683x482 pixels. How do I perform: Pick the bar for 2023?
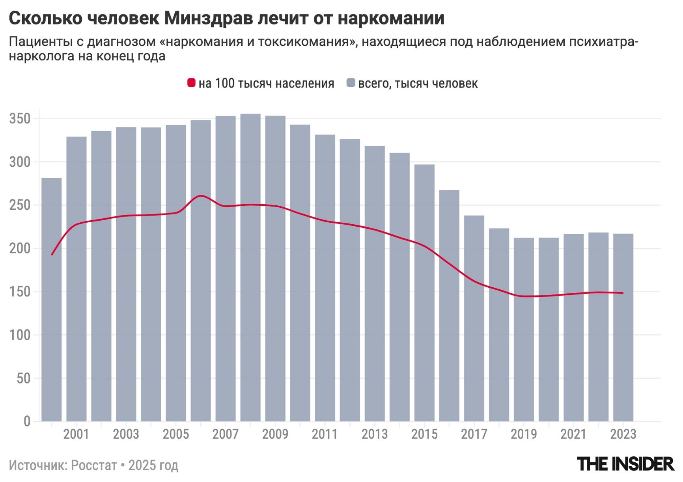tap(623, 327)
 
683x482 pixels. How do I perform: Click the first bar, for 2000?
tap(52, 300)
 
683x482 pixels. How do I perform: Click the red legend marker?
tap(191, 83)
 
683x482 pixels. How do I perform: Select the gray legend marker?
tap(351, 83)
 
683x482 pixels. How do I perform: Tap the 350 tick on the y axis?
tap(20, 119)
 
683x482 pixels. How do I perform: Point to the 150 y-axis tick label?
tap(20, 292)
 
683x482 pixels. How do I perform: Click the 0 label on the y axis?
tap(26, 421)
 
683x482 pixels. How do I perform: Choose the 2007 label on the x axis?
tap(226, 434)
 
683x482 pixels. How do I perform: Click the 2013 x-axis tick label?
tap(375, 434)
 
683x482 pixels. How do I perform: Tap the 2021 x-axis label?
tap(573, 434)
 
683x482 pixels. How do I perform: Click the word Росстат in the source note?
tap(94, 465)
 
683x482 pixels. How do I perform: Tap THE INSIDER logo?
tap(625, 464)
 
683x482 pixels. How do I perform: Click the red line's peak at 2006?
tap(201, 195)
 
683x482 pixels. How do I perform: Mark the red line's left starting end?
tap(52, 255)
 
